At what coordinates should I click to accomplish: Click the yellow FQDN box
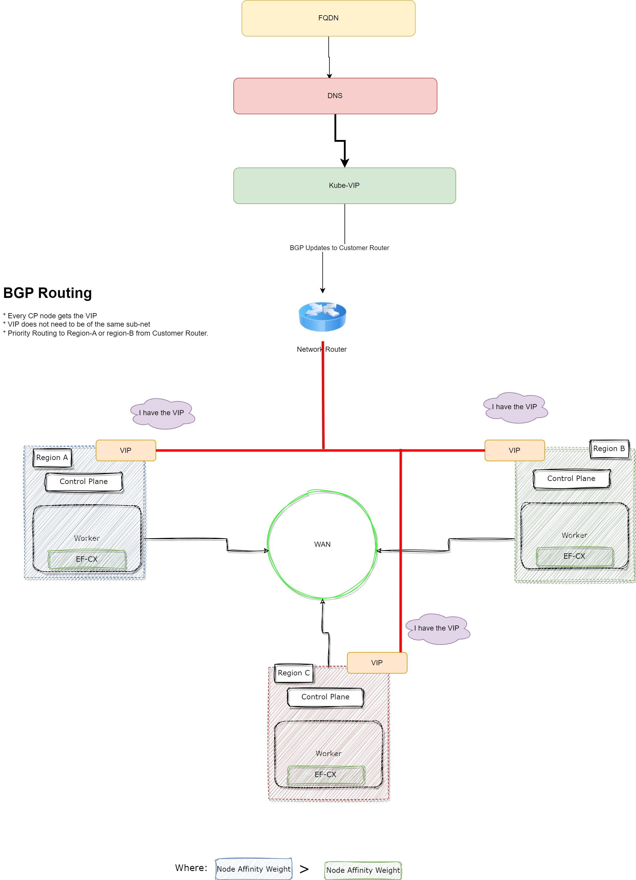[328, 18]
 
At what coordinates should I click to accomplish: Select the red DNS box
[335, 96]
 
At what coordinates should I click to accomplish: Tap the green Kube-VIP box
[344, 185]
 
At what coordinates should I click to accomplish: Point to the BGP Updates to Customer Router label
[339, 248]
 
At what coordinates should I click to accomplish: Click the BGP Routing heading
[47, 293]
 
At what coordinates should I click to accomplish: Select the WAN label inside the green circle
[322, 544]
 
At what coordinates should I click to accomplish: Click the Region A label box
[52, 458]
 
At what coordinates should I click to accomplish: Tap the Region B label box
[609, 449]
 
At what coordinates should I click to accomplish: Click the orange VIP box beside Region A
[126, 450]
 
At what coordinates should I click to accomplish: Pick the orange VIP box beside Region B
[515, 450]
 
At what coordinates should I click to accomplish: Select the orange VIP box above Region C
[377, 663]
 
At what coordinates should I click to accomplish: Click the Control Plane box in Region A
[84, 482]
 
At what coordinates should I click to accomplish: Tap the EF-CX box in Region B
[574, 556]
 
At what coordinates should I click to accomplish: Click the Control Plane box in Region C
[325, 697]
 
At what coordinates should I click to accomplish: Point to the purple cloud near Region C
[437, 628]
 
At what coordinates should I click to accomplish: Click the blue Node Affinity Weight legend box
[253, 869]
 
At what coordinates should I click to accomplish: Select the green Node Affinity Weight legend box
[363, 870]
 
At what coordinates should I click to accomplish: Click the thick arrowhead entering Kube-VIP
[345, 163]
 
